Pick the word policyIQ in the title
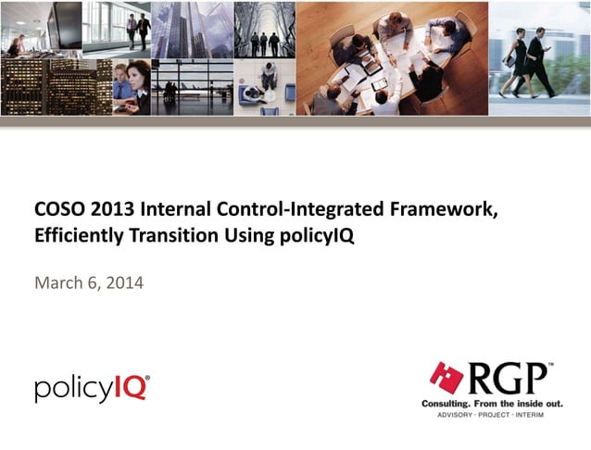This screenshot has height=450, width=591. click(x=316, y=236)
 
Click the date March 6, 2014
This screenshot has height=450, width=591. click(x=89, y=282)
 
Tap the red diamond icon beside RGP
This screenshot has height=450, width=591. click(x=445, y=378)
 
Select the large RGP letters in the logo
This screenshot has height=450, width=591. click(x=505, y=379)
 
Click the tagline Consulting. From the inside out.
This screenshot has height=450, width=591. click(x=488, y=406)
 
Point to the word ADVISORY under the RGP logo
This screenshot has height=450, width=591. click(x=454, y=416)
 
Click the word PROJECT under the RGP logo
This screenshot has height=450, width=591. click(x=491, y=416)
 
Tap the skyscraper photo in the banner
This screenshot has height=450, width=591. click(x=191, y=29)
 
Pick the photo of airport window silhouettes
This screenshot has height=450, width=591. click(x=191, y=87)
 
